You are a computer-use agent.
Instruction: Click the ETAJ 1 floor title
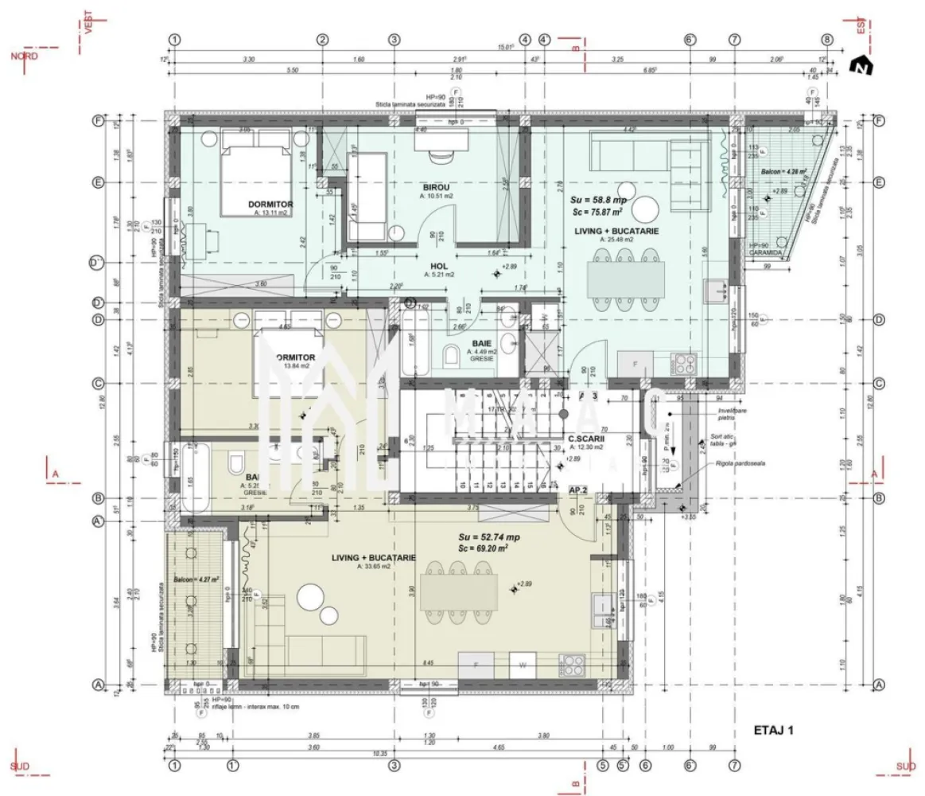773,728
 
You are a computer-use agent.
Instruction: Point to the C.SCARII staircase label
586,439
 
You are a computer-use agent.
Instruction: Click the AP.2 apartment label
577,491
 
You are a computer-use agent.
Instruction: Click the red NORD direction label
23,56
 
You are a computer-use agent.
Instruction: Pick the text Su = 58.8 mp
598,200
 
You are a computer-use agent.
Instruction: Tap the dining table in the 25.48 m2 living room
626,278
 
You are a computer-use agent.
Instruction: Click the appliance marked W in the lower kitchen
523,663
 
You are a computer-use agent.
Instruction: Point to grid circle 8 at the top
827,39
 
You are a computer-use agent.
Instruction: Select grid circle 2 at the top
322,39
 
